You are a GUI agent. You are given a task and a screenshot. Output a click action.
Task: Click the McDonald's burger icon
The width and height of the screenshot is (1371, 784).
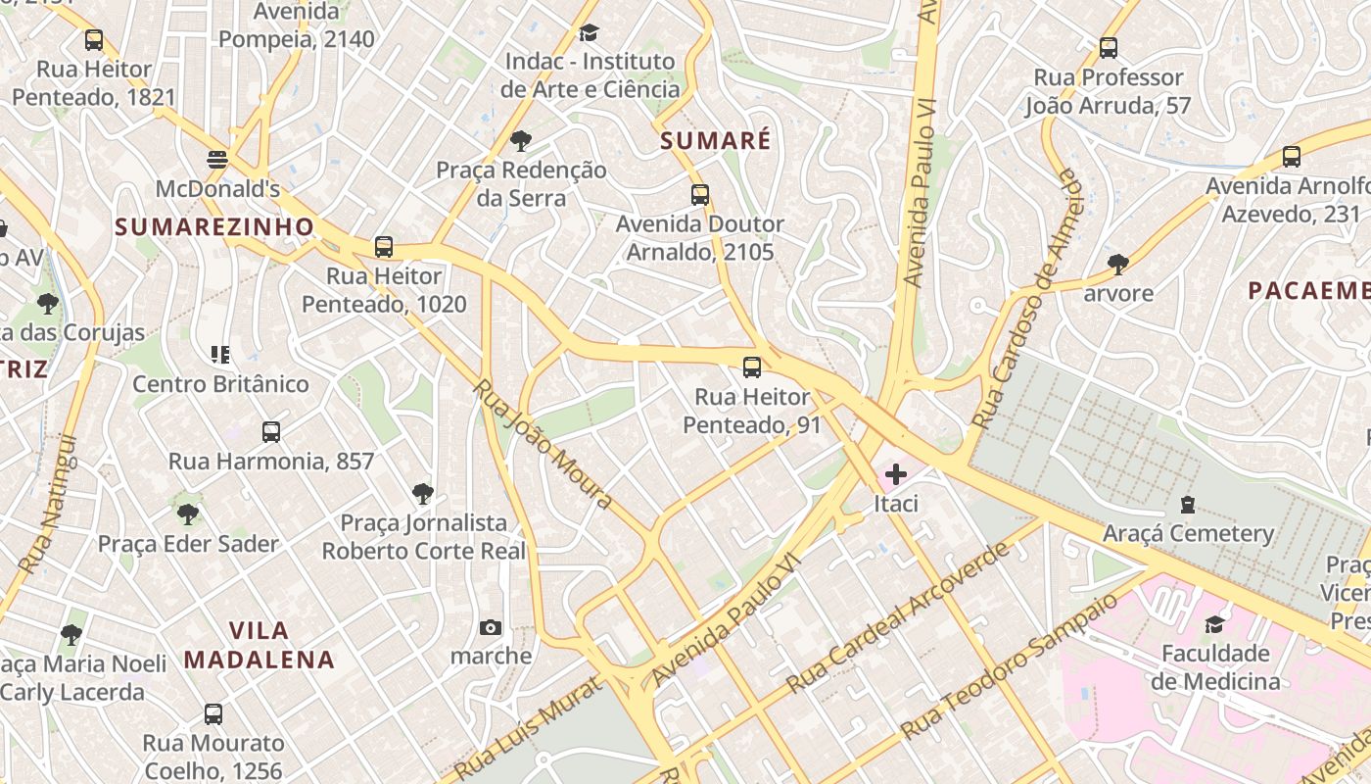217,159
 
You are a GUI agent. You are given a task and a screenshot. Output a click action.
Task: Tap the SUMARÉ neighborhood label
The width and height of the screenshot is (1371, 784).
715,141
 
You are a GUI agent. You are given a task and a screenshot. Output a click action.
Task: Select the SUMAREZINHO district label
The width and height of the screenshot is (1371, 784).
214,227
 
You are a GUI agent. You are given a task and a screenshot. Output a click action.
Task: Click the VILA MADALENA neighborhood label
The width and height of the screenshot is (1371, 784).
260,645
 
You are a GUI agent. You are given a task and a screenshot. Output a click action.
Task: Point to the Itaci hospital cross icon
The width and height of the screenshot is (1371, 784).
895,475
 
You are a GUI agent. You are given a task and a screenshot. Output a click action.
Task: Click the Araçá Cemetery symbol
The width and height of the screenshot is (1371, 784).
1188,506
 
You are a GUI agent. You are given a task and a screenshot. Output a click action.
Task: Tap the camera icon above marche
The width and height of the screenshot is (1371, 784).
491,627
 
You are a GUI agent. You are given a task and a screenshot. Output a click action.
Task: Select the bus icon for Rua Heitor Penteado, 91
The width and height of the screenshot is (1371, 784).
751,367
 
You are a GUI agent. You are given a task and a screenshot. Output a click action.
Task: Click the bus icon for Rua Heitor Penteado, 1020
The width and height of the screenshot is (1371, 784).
384,246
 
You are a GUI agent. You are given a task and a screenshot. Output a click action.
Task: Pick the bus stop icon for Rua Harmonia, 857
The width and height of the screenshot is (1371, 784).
271,431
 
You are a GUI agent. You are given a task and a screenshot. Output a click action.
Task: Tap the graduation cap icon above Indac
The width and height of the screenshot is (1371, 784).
589,33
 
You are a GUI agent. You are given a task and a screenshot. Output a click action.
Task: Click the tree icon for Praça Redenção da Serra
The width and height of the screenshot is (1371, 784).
521,141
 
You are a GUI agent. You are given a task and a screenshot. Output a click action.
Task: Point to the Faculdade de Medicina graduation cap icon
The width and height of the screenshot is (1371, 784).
1214,624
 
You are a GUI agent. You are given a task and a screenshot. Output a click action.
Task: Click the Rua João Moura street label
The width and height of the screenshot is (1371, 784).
543,444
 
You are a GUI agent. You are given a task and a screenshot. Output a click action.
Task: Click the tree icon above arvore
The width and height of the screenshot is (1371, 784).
1117,264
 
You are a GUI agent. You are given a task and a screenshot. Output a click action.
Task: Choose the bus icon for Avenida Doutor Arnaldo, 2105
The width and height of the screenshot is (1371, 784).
699,194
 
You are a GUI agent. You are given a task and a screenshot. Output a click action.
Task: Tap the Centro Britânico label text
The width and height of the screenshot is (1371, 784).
220,384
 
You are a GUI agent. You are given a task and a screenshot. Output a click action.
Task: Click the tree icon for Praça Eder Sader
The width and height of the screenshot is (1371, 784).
187,514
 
